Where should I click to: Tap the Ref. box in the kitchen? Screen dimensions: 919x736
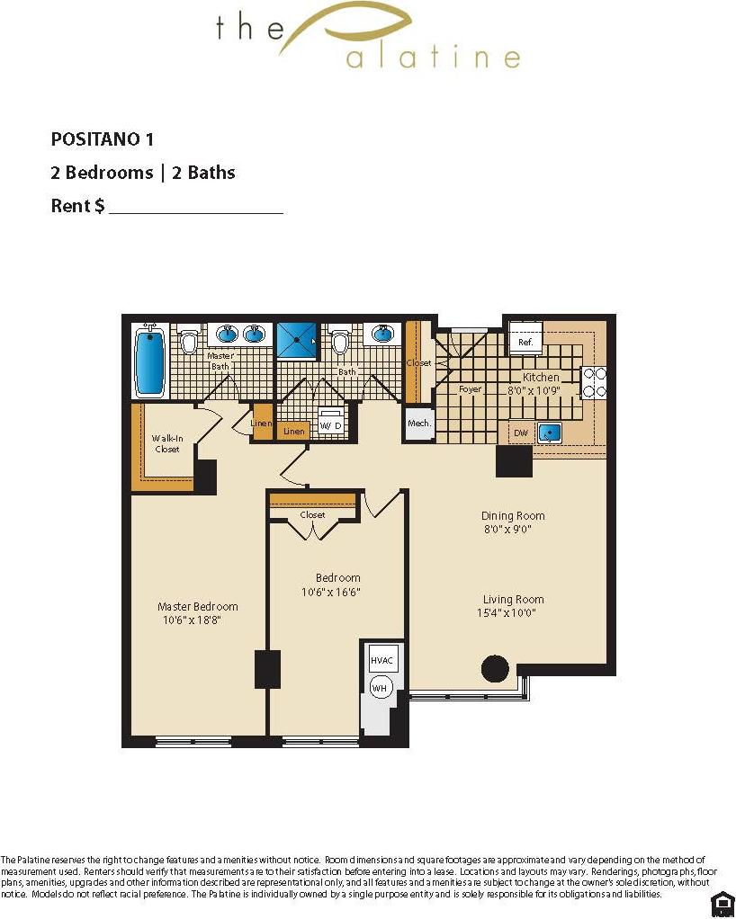point(525,342)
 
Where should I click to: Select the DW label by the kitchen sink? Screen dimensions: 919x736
point(521,433)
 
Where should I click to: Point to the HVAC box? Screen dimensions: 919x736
point(381,660)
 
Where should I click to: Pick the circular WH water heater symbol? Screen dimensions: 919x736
point(380,687)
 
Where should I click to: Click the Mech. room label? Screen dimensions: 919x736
point(418,424)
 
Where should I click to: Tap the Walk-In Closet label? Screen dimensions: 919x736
point(166,443)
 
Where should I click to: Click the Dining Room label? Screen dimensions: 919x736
point(513,516)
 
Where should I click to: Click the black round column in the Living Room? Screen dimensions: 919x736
point(495,668)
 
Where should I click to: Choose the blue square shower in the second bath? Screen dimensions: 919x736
point(297,342)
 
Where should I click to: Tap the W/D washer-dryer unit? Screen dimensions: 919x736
point(331,424)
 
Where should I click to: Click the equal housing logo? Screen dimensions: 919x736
point(722,903)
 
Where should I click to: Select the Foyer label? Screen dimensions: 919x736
point(470,389)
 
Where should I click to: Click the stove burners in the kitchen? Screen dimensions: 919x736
point(594,381)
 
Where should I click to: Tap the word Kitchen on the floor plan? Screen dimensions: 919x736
point(541,378)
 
